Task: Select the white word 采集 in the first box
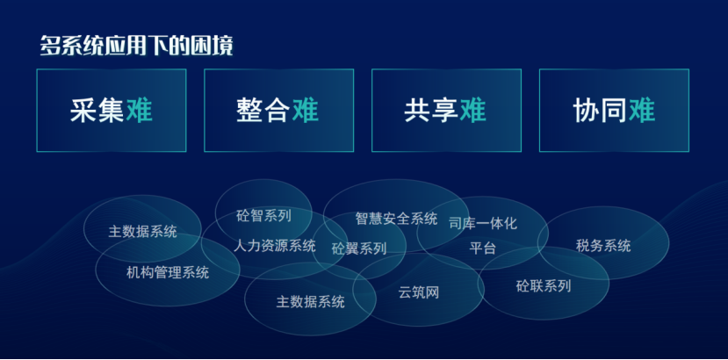pyautogui.click(x=97, y=111)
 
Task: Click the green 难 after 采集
pyautogui.click(x=140, y=111)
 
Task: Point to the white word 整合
pyautogui.click(x=263, y=111)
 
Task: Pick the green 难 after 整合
pyautogui.click(x=306, y=111)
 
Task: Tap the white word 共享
pyautogui.click(x=431, y=111)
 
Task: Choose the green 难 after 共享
pyautogui.click(x=473, y=111)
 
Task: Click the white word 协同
pyautogui.click(x=601, y=111)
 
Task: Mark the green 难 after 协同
pyautogui.click(x=642, y=111)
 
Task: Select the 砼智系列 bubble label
pyautogui.click(x=263, y=215)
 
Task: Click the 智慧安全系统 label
pyautogui.click(x=397, y=218)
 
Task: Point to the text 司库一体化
pyautogui.click(x=483, y=223)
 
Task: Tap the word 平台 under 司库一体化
pyautogui.click(x=483, y=248)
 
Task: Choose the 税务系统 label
pyautogui.click(x=603, y=245)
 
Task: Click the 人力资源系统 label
pyautogui.click(x=274, y=245)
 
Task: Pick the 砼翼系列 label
pyautogui.click(x=359, y=248)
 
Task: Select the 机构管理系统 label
pyautogui.click(x=168, y=272)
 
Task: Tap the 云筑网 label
pyautogui.click(x=419, y=292)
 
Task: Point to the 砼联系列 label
pyautogui.click(x=544, y=285)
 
